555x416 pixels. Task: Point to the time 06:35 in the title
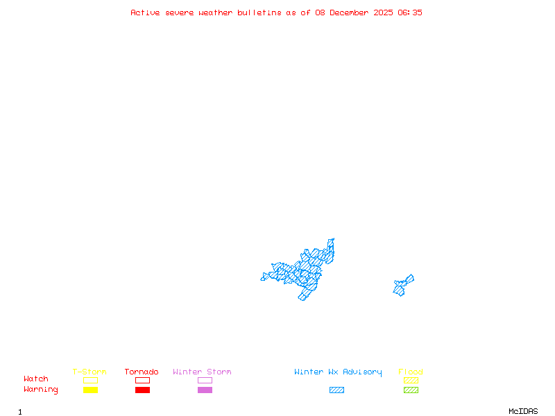tap(410, 12)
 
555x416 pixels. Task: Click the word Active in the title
tap(145, 12)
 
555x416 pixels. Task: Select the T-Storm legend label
tap(89, 372)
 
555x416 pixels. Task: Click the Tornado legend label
tap(142, 372)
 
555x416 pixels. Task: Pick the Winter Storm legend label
tap(202, 372)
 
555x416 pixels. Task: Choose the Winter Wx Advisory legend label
tap(338, 372)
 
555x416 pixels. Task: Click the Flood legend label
tap(410, 372)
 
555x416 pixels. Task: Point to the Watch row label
tap(36, 379)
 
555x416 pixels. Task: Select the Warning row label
tap(41, 390)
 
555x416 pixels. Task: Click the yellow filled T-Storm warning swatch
tap(90, 390)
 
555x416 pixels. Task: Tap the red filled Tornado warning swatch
tap(142, 390)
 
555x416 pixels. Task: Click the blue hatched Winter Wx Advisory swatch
tap(336, 390)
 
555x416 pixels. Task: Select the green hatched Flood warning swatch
tap(411, 390)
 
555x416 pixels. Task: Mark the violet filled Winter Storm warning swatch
tap(205, 390)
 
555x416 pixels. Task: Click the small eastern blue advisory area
tap(402, 284)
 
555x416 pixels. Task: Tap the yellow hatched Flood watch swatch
tap(411, 380)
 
